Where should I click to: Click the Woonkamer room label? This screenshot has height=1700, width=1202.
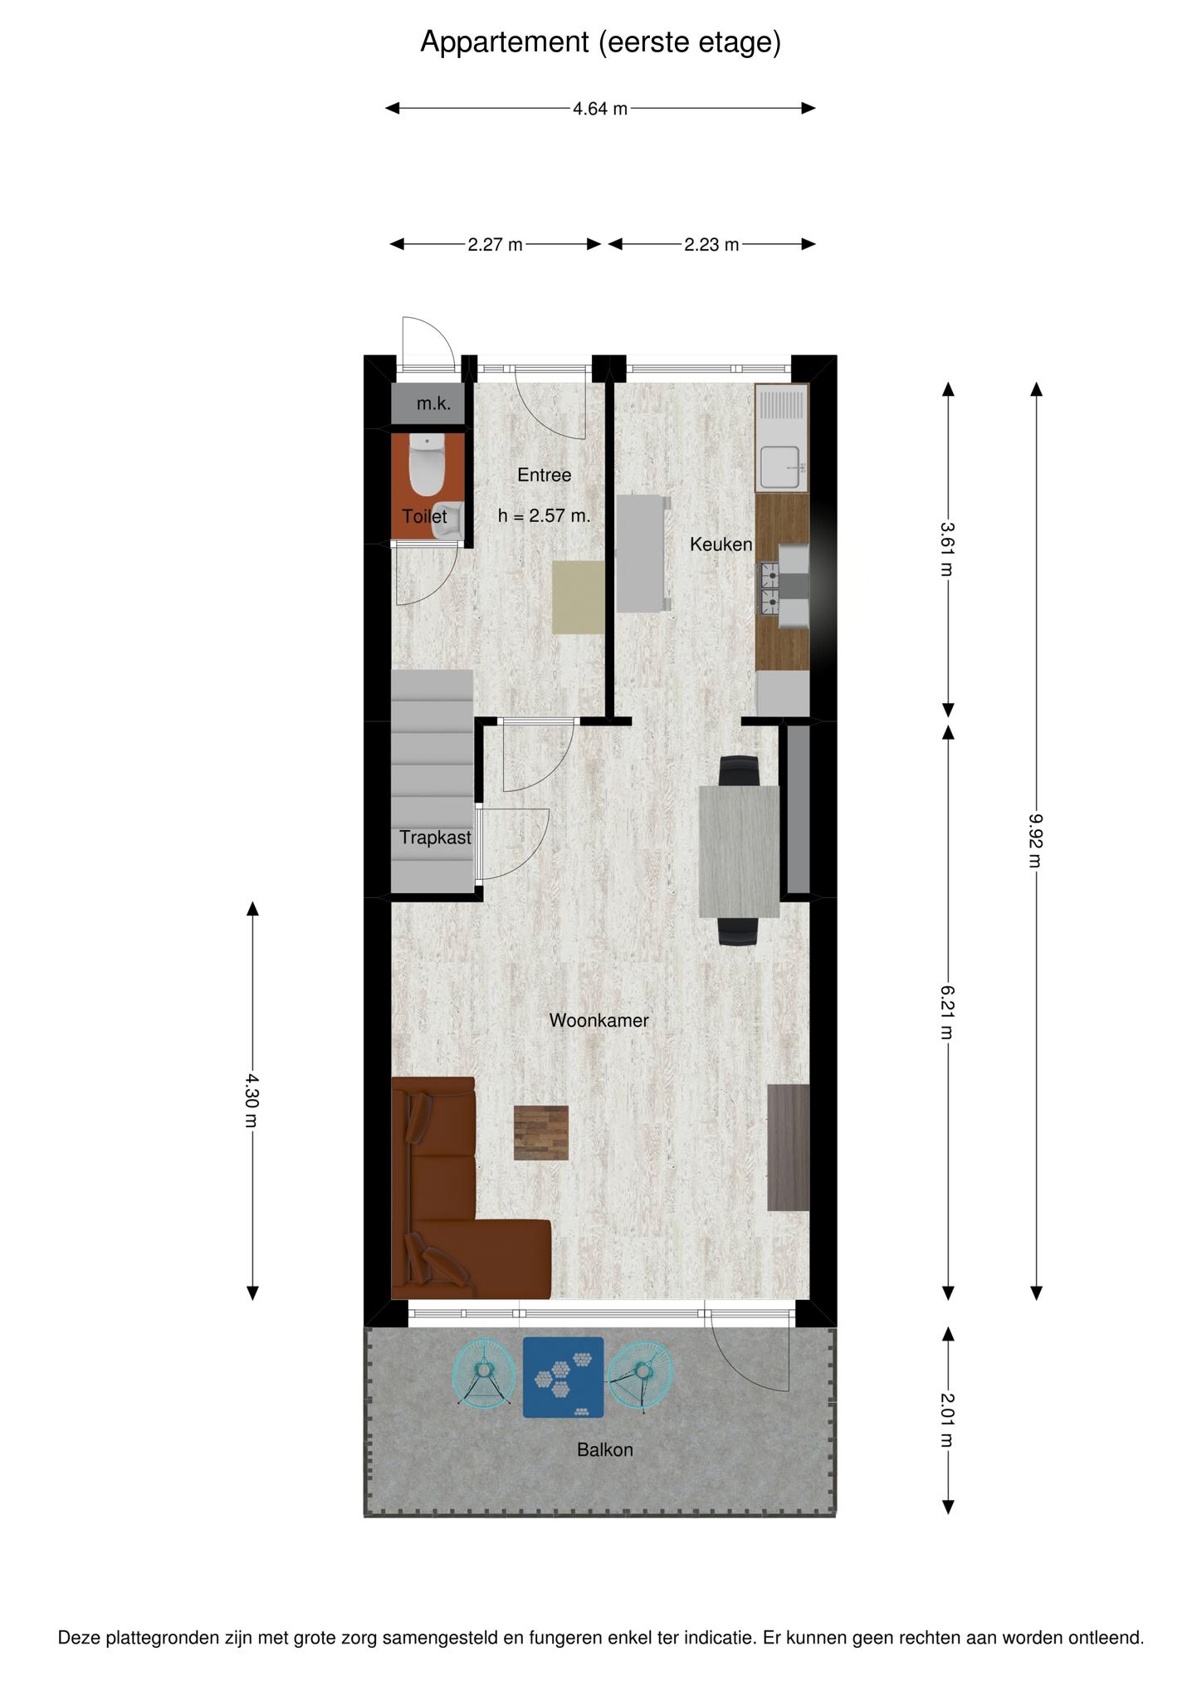point(599,1020)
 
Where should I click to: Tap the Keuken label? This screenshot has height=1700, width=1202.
point(721,545)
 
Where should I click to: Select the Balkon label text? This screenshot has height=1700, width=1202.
point(605,1450)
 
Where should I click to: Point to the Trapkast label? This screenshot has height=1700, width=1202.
point(435,838)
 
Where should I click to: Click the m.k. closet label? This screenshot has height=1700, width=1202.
point(433,404)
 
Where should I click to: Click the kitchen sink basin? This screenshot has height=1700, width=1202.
point(781,467)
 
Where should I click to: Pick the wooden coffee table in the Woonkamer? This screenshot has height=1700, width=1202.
point(541,1133)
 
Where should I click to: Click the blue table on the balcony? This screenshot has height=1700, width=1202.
point(563,1377)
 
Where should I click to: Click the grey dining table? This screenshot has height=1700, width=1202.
point(739,851)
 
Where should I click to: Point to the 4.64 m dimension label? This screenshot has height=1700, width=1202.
point(600,108)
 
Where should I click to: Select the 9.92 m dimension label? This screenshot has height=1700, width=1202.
point(1036,840)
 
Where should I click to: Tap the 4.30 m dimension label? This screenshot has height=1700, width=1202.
point(252,1101)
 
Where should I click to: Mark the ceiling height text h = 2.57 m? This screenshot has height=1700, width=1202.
point(545,515)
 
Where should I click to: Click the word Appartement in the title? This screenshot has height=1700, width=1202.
point(505,42)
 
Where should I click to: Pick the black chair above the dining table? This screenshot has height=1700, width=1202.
point(739,771)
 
